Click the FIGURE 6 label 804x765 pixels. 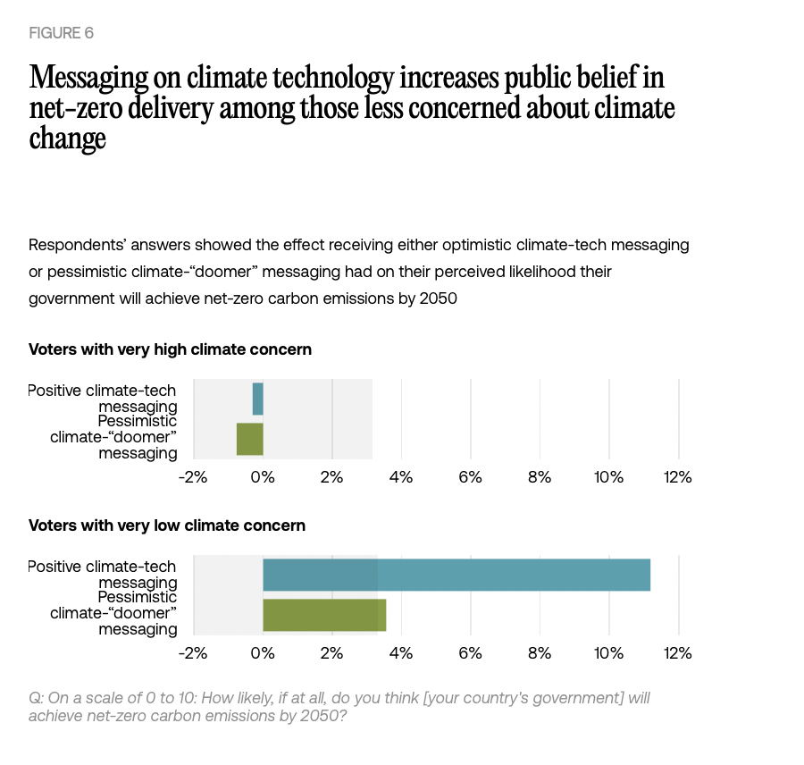coord(61,33)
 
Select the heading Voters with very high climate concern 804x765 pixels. coord(170,349)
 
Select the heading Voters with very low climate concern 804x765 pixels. coord(167,525)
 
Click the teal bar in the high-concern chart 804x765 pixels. coord(258,399)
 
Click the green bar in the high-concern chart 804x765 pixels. coord(250,439)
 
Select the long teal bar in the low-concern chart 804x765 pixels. coord(456,575)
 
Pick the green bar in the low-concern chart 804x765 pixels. coord(324,615)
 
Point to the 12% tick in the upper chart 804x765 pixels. coord(677,477)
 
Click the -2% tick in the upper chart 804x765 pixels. coord(192,477)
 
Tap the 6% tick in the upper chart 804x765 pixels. coord(470,477)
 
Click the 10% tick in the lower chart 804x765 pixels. coord(608,653)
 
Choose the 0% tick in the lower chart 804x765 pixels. coord(262,653)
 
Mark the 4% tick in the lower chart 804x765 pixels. coord(401,653)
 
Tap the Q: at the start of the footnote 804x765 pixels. coord(36,698)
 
